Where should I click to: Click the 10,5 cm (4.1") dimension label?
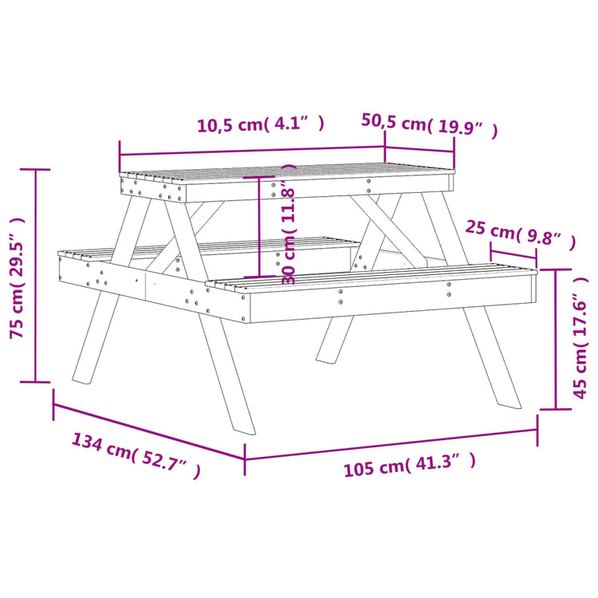pos(261,124)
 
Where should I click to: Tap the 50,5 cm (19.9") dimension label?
pos(430,124)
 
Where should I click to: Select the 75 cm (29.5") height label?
pos(17,277)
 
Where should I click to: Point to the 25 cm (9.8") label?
pos(520,235)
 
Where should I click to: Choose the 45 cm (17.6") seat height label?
pos(580,338)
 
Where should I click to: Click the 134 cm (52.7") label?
pos(136,455)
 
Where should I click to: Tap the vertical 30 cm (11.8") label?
pos(289,225)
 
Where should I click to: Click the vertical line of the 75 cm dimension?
pos(36,275)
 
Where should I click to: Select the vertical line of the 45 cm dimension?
pos(555,339)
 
